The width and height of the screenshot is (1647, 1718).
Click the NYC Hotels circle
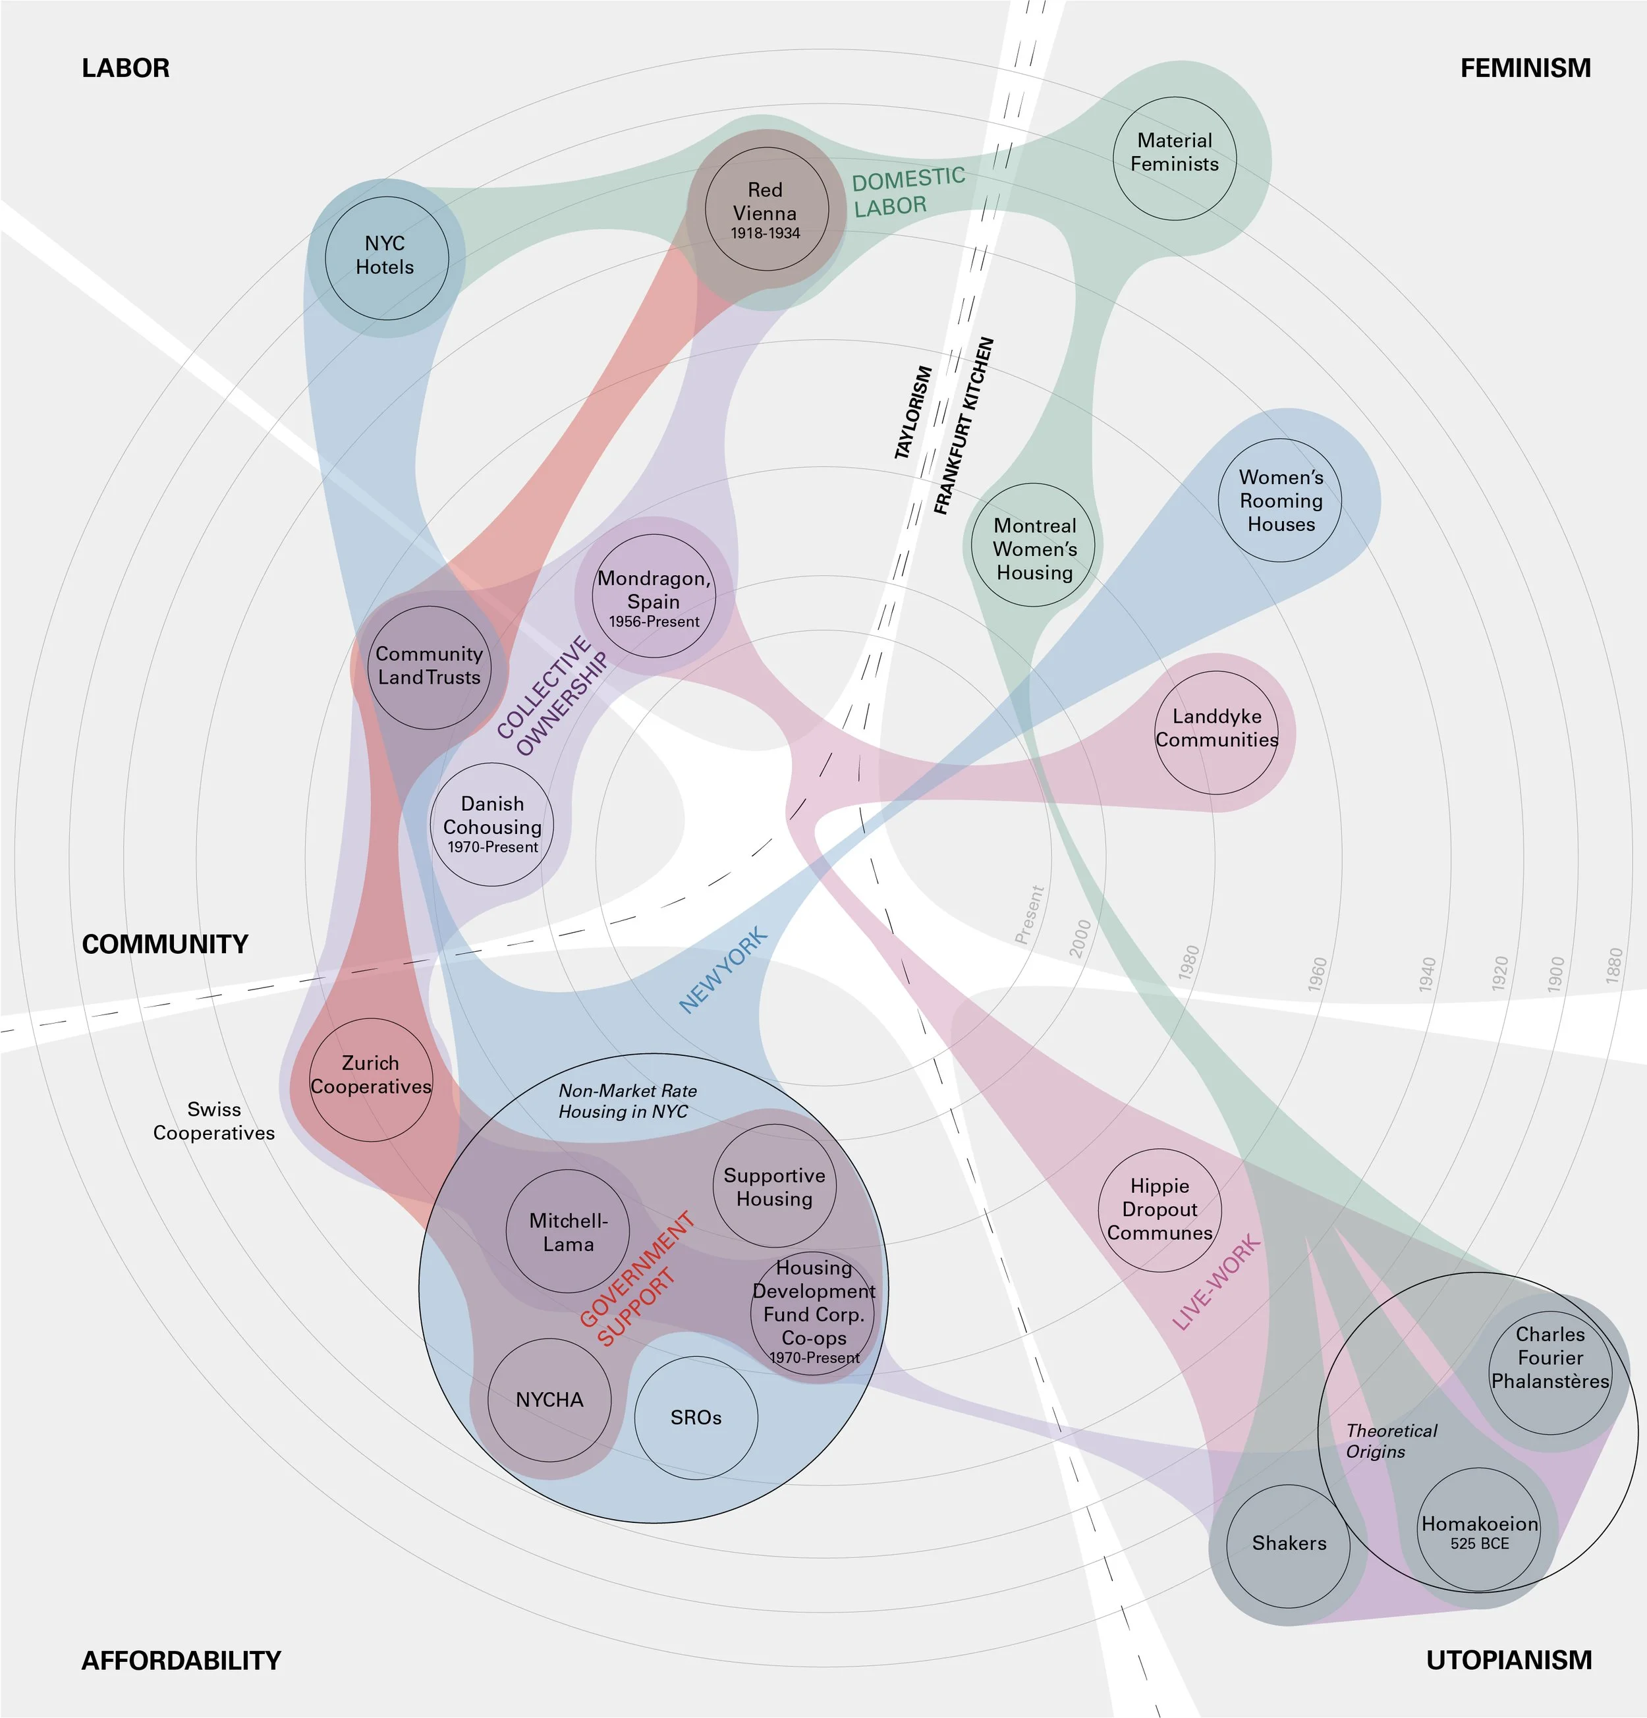387,258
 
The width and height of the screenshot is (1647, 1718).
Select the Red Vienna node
766,209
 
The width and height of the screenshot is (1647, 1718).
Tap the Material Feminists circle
1174,159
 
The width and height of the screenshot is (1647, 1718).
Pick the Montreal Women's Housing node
1034,546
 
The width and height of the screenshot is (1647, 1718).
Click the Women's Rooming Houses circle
1280,501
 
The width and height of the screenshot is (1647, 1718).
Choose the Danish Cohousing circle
493,824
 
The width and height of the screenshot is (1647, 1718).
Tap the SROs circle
696,1418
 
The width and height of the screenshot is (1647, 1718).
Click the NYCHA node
549,1400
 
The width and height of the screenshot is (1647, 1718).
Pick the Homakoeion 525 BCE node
1480,1530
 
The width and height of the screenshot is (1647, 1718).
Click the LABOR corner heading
125,69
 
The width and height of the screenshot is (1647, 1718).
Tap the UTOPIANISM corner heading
1509,1659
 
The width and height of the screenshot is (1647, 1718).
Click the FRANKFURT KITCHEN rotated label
963,426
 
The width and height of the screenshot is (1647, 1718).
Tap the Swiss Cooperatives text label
214,1121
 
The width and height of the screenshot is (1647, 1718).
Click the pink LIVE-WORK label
1217,1283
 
